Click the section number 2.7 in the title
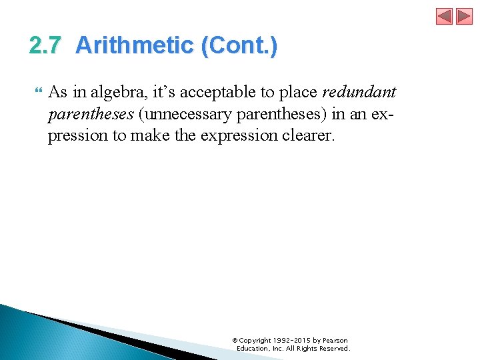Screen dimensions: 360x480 point(45,45)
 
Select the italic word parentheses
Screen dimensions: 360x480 point(90,114)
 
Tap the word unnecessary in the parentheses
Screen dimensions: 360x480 point(183,114)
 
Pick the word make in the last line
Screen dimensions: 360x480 point(149,135)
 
